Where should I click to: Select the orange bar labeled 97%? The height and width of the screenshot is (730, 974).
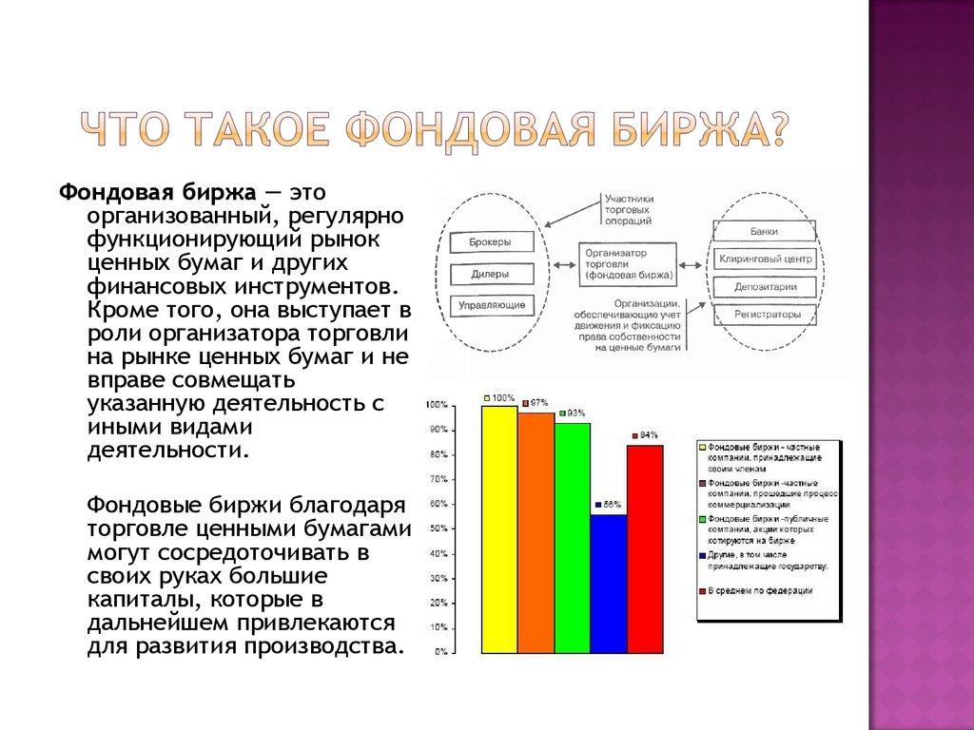point(536,533)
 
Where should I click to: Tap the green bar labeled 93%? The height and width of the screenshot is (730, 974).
point(572,538)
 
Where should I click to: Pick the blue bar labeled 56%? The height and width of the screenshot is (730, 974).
point(608,584)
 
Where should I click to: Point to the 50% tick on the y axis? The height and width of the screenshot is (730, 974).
point(439,528)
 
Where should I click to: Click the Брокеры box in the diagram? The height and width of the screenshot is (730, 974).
point(489,242)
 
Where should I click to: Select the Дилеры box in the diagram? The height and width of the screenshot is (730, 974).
point(489,275)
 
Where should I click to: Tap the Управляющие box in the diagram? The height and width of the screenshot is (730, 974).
point(491,306)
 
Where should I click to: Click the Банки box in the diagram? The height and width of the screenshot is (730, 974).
point(763,231)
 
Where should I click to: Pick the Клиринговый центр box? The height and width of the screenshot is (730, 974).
point(765,259)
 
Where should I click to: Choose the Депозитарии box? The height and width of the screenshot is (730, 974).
point(765,286)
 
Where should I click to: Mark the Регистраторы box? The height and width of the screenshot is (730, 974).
point(767,314)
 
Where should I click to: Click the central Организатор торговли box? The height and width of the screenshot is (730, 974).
point(628,263)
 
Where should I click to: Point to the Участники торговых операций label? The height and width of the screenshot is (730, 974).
point(628,209)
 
